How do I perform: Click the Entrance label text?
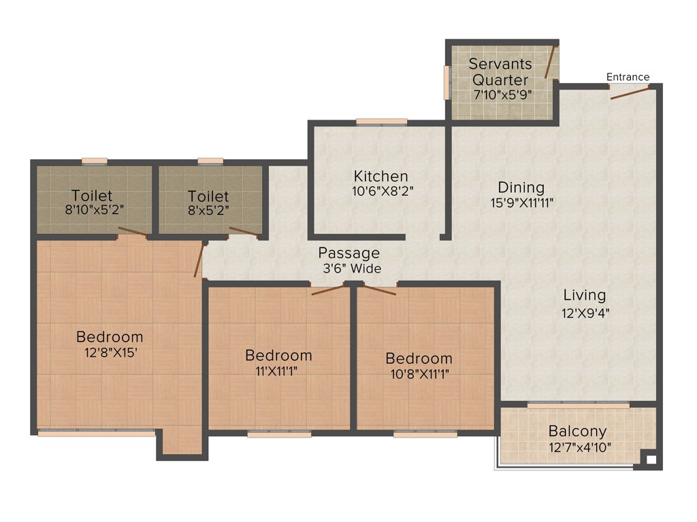click(628, 77)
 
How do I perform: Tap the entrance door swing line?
click(630, 92)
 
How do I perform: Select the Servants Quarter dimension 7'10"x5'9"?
click(502, 95)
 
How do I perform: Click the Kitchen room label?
click(380, 177)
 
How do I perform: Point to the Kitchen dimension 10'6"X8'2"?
click(380, 191)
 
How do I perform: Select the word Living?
click(584, 295)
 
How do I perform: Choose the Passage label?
click(349, 254)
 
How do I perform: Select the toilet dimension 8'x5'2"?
click(209, 210)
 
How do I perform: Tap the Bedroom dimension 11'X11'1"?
click(278, 370)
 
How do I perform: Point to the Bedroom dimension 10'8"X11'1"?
click(419, 373)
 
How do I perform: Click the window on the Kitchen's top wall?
click(381, 122)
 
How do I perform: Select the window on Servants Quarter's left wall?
click(447, 82)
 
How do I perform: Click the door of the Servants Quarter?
click(551, 62)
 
